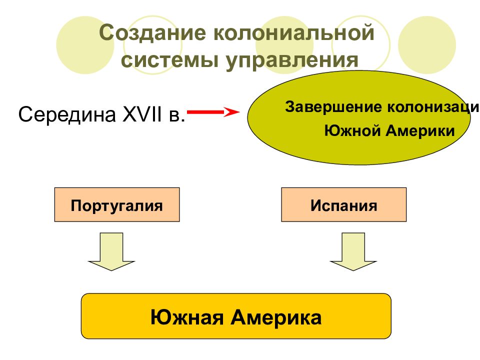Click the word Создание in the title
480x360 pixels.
pos(152,33)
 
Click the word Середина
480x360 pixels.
pos(67,114)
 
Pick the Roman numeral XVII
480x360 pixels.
pos(142,114)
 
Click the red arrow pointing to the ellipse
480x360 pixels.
pos(213,112)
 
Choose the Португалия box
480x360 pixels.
pos(117,204)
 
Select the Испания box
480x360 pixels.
pos(344,204)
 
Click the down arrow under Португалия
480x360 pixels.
pos(111,251)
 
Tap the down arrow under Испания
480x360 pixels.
pos(353,251)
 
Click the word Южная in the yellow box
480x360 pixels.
pos(187,317)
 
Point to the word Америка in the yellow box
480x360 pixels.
pos(276,317)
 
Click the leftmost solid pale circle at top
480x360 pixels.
pos(85,45)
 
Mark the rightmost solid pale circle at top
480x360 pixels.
pos(427,45)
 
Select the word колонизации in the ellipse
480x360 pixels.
pos(434,107)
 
